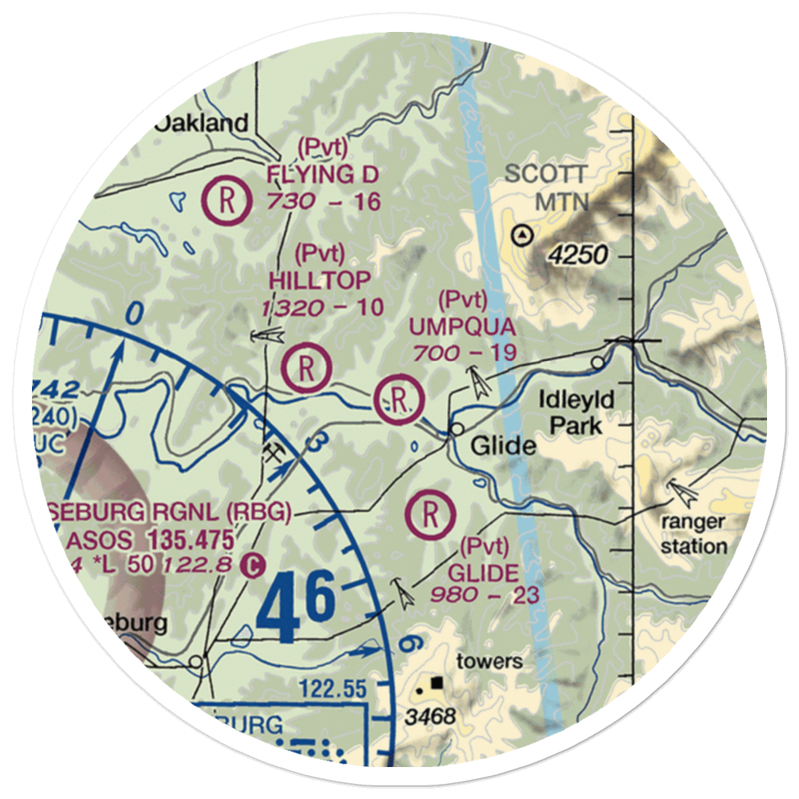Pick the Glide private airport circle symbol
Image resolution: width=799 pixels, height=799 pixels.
click(430, 515)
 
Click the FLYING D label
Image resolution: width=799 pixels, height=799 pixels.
click(323, 174)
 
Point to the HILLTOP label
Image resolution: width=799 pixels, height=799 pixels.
click(320, 280)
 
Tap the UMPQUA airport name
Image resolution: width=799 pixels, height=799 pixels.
click(463, 327)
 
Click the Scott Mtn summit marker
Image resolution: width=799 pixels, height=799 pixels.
click(523, 235)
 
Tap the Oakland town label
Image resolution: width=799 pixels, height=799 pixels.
click(202, 123)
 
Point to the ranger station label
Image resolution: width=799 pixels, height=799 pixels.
click(693, 535)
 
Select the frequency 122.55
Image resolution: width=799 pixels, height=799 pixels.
click(333, 688)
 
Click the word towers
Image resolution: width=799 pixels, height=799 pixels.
click(489, 661)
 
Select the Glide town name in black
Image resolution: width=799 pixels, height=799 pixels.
click(503, 445)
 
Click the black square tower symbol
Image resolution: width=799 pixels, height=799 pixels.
click(437, 683)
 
